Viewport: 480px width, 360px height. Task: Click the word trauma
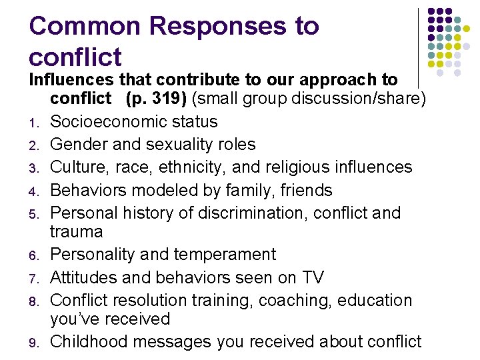(76, 232)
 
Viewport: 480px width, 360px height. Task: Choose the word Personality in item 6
(93, 255)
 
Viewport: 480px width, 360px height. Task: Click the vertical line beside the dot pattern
(419, 47)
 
